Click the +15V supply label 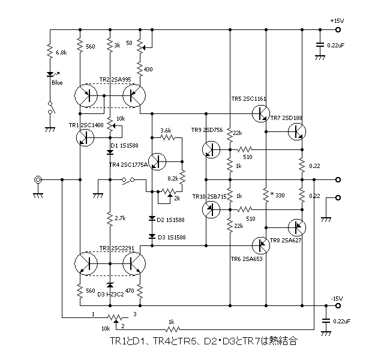(x=337, y=20)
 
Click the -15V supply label (x=337, y=298)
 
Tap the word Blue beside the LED (x=57, y=83)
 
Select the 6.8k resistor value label (x=61, y=53)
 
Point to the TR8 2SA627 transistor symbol (x=296, y=227)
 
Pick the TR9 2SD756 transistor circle (x=211, y=149)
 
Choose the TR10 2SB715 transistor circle (x=211, y=209)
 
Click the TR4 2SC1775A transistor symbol (x=157, y=161)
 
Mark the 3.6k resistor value (x=166, y=130)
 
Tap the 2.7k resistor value (x=120, y=218)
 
